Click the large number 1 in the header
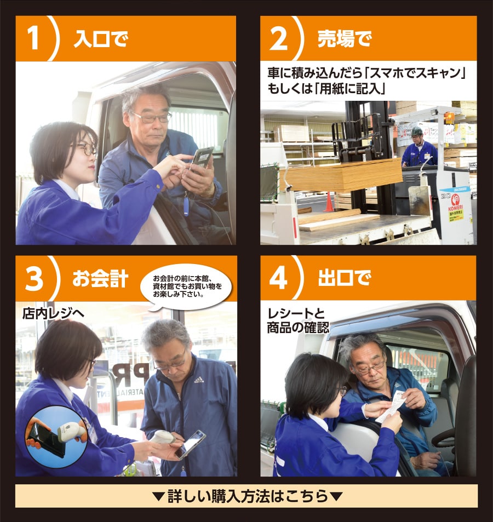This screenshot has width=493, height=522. (x=33, y=38)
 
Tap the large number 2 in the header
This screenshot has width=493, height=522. (x=278, y=38)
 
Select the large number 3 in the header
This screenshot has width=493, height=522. (x=34, y=278)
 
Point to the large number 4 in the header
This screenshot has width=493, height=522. (x=278, y=278)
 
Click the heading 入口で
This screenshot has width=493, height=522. (x=101, y=39)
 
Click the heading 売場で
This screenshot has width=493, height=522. (x=345, y=39)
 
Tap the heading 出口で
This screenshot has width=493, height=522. (x=345, y=278)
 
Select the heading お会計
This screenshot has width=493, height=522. (x=100, y=278)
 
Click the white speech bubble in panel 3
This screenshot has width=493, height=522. (x=186, y=287)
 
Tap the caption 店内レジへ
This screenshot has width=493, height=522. (x=53, y=313)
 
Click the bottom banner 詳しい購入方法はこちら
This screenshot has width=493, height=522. (x=246, y=496)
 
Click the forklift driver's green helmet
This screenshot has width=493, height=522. (x=416, y=131)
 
